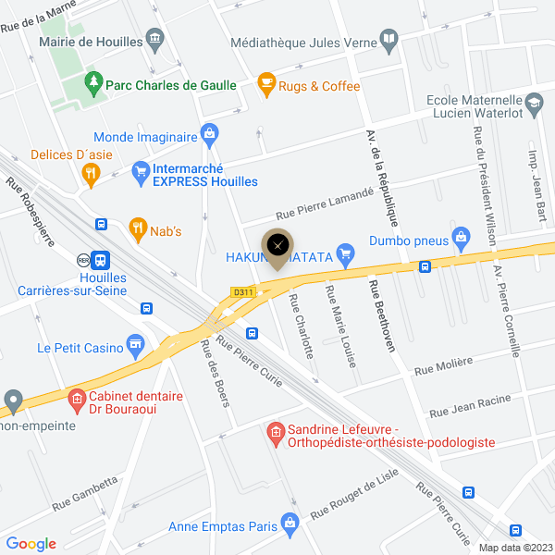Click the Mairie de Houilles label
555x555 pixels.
pos(91,41)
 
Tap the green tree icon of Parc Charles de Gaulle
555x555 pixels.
pos(93,84)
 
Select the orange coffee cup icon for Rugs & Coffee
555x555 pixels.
pos(266,85)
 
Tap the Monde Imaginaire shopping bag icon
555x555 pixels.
pos(210,135)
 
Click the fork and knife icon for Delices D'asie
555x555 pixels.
pos(91,171)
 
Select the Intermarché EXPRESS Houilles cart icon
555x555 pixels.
pos(141,170)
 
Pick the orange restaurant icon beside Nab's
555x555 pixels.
pos(138,226)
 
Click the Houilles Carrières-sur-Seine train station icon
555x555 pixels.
pos(101,262)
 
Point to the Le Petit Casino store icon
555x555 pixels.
pos(136,343)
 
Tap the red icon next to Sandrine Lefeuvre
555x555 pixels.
pos(275,431)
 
